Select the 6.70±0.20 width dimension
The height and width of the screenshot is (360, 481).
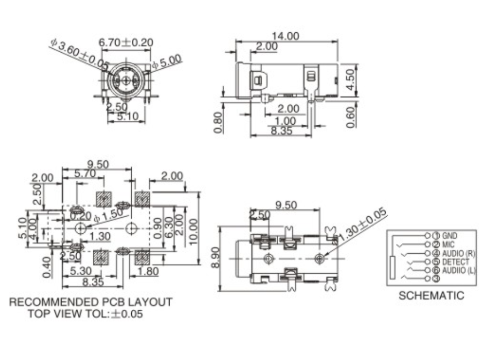126,42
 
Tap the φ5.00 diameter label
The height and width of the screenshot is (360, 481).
166,61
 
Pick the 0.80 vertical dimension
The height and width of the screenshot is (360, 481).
218,122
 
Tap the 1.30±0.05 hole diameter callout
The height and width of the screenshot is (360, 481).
362,224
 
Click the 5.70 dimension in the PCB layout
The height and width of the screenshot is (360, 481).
85,174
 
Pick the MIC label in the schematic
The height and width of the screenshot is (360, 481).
448,244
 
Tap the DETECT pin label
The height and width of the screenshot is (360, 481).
455,262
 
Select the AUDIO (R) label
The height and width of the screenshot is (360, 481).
458,253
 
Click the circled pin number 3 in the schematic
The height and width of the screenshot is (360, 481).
436,278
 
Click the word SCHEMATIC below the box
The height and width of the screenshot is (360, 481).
431,296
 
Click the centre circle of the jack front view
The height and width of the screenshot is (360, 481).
125,80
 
